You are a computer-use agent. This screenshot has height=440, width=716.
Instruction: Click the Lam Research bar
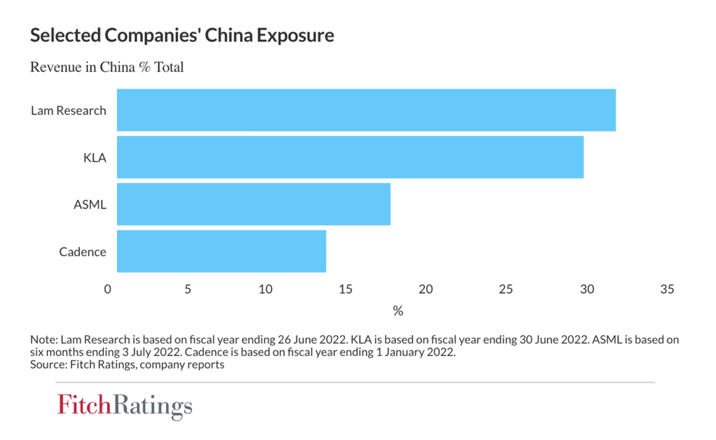(366, 110)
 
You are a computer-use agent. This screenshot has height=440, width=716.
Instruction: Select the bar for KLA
(350, 157)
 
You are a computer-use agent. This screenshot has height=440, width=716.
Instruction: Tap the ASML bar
(254, 204)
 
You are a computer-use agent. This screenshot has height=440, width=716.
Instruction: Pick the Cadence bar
(221, 251)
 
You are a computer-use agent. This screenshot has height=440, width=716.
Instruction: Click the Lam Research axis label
(69, 111)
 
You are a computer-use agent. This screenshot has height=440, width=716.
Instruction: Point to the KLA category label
(95, 158)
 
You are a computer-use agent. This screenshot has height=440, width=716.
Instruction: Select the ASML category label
(90, 205)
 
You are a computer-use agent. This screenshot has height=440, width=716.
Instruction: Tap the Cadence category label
(83, 252)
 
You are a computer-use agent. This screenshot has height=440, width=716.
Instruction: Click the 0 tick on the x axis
(108, 289)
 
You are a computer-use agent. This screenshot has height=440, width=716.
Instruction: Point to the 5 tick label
(188, 289)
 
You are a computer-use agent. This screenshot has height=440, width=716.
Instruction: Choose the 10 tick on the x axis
(265, 289)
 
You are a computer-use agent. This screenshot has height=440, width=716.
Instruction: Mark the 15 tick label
(345, 289)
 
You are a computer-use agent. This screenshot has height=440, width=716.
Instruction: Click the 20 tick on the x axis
(426, 289)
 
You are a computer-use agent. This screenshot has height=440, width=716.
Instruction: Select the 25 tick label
(506, 289)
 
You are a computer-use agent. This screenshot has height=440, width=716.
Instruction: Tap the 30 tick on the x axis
(587, 289)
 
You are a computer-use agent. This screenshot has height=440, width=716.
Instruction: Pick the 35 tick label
(667, 289)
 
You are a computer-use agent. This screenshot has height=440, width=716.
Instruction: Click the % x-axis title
(398, 311)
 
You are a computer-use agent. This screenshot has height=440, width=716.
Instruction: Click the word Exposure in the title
(295, 36)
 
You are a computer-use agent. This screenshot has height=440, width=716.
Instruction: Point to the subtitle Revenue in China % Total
(107, 67)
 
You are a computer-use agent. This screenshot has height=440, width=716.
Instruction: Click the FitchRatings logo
(125, 405)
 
